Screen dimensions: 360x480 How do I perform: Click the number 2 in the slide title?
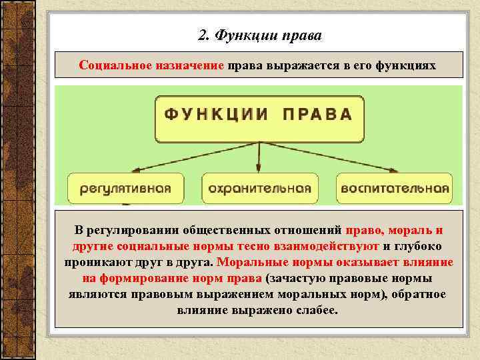[203, 35]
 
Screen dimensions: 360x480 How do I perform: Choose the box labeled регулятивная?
[126, 189]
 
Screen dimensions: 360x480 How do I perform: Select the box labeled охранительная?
[260, 189]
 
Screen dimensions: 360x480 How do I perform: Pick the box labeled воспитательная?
[395, 189]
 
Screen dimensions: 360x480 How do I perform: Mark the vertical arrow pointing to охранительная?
[259, 160]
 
